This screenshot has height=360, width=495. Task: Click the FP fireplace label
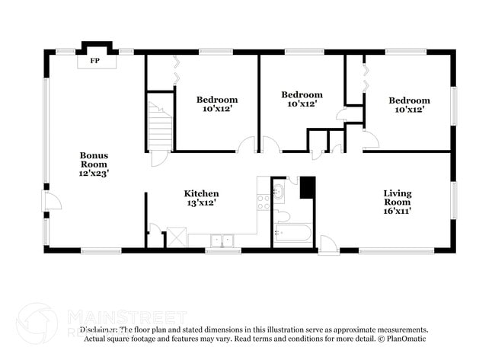coord(95,60)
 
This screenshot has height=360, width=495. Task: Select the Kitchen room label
coord(201,193)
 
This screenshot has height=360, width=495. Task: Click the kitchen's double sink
coord(222,240)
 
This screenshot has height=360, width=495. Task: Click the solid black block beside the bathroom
coord(307,187)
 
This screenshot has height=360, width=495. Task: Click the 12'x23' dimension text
coord(94,173)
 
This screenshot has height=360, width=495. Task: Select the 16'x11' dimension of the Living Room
coord(397,211)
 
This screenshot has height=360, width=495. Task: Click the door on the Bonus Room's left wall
coord(49,202)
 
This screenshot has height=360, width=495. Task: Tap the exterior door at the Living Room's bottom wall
coord(328,245)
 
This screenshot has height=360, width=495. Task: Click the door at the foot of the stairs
coord(159,158)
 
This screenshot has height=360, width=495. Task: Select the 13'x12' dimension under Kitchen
coord(201,203)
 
